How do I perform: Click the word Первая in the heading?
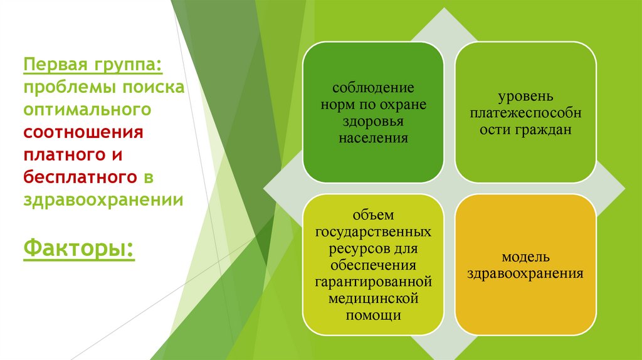[54, 64]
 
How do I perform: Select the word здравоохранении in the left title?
[103, 200]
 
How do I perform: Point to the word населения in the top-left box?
[373, 137]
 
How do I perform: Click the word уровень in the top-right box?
[525, 97]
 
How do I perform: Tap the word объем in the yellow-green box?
[373, 216]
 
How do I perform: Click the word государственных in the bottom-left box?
[373, 232]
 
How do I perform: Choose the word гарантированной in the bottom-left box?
[373, 282]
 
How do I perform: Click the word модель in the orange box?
[525, 257]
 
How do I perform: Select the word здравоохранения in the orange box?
[525, 273]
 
